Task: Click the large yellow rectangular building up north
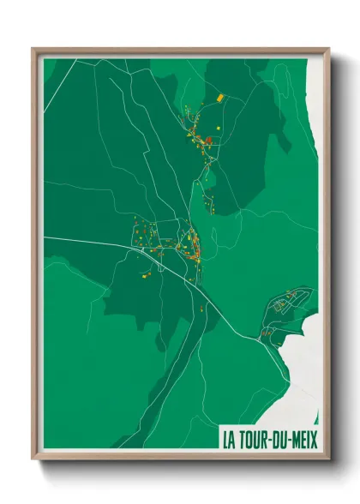point(219,99)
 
